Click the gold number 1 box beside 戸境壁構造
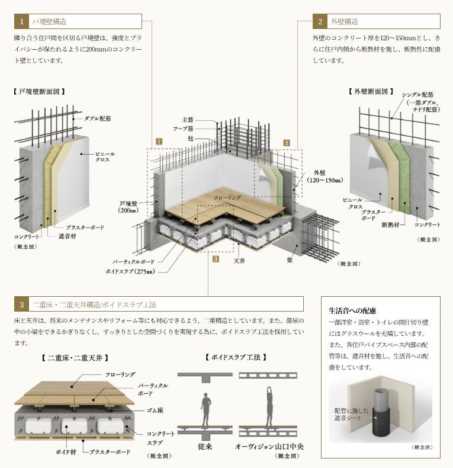21,21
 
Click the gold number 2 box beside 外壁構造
320,21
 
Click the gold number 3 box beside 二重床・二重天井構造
21,304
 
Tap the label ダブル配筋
98,118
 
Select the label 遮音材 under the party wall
67,236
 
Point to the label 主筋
188,120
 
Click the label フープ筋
183,129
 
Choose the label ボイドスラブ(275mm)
130,271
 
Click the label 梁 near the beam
290,260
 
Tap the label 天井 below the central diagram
239,261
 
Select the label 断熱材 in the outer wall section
391,225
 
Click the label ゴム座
155,411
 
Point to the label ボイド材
66,452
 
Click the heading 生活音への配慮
352,310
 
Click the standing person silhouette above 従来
205,409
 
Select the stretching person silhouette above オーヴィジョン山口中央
269,406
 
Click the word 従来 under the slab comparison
205,447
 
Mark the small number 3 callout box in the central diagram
216,259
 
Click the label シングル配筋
417,95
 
